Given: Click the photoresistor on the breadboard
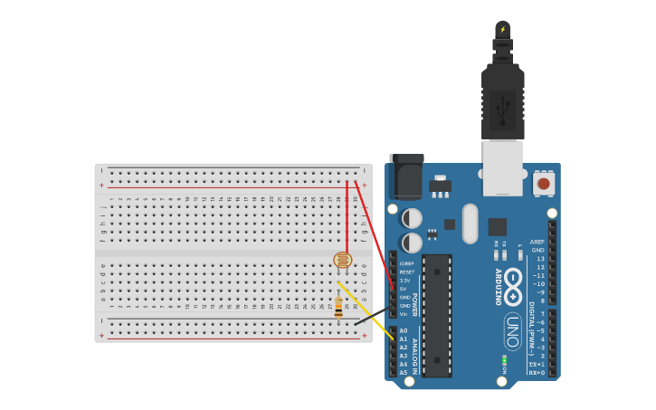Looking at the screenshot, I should (342, 261).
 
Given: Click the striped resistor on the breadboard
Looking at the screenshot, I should (338, 307).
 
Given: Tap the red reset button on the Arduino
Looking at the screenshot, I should (543, 184).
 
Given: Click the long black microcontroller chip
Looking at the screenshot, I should (437, 315).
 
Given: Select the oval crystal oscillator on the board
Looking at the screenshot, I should (470, 223).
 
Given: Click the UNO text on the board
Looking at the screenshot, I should (511, 331).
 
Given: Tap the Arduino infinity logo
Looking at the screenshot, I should (513, 282).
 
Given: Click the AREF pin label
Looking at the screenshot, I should (537, 242).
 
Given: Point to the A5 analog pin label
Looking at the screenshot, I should (404, 372).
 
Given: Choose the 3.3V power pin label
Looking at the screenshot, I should (404, 281).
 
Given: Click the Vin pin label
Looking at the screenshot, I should (404, 314).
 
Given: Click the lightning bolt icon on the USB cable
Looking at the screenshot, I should (503, 29).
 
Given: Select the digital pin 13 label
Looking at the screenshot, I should (540, 259).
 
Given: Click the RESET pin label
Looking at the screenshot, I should (407, 272).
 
